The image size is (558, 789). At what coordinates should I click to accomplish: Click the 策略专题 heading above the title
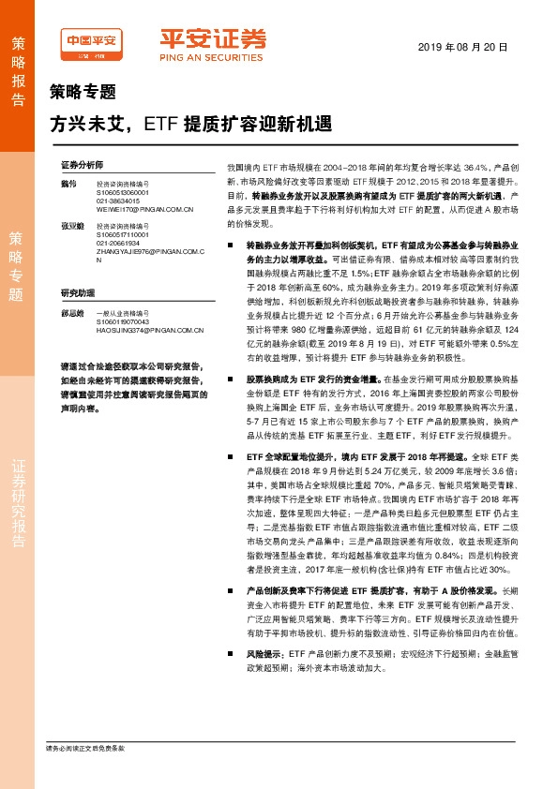coord(82,93)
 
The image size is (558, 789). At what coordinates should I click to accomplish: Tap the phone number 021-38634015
coord(119,201)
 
